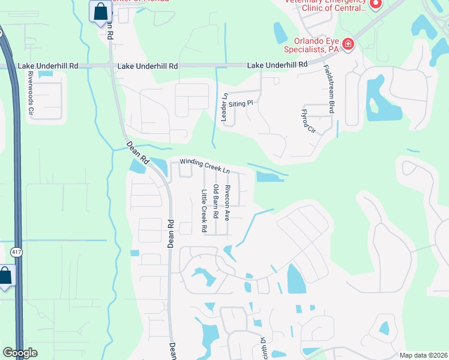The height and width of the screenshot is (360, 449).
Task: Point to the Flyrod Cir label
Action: coord(307,122)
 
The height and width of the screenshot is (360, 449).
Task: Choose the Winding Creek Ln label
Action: coord(206,166)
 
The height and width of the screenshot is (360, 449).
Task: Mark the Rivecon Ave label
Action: coord(228,202)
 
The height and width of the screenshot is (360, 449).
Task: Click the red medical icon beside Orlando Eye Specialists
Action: coord(348,44)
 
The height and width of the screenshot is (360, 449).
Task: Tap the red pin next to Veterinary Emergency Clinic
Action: coord(376,5)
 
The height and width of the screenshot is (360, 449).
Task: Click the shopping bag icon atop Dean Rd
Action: coord(100,11)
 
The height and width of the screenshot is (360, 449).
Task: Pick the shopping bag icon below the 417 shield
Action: coord(5,276)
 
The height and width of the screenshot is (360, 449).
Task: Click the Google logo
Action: coord(20,353)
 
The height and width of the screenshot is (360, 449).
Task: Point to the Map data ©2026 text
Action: coord(423,355)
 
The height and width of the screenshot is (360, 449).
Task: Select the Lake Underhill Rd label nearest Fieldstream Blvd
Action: coord(277,64)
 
